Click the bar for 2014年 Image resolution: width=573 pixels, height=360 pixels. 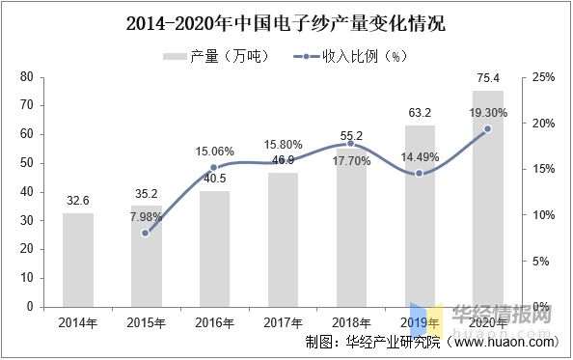click(78, 260)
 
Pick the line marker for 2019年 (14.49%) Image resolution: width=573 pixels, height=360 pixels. click(419, 173)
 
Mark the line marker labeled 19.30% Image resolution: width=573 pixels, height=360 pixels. click(487, 128)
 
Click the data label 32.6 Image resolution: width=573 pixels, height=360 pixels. click(78, 201)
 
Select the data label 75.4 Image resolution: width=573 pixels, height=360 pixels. click(487, 78)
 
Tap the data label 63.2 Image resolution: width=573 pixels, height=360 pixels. click(419, 113)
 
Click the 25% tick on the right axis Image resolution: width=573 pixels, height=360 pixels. click(542, 76)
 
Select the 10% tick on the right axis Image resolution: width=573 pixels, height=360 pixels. click(542, 214)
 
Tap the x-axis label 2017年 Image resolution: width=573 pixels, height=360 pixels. click(283, 322)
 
